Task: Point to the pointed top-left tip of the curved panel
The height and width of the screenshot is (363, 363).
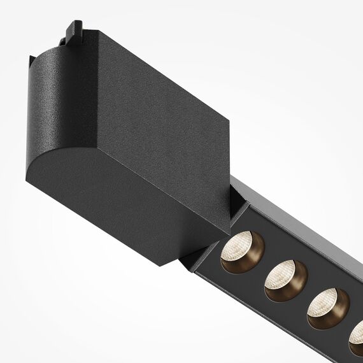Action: (x=30, y=57)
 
